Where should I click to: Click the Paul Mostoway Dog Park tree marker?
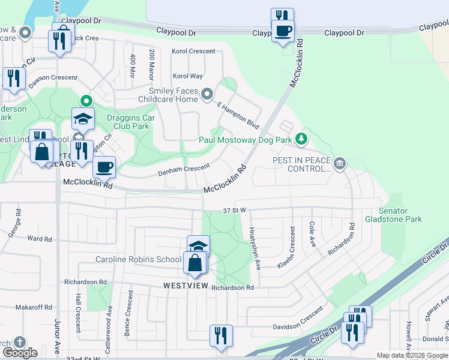pos(301,140)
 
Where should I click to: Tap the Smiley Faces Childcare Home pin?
pos(207,94)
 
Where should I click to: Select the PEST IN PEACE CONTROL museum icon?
pos(340,164)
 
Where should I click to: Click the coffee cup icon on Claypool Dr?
pos(283,30)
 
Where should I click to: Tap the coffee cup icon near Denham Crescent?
pos(104,167)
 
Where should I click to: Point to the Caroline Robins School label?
pos(138,259)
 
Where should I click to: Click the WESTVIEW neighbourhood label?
pos(185,286)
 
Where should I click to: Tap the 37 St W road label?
pos(235,211)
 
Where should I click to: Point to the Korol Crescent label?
pos(193,52)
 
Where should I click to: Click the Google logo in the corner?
pos(20,353)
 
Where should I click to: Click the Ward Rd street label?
pos(40,239)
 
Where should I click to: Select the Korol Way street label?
pos(188,76)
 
